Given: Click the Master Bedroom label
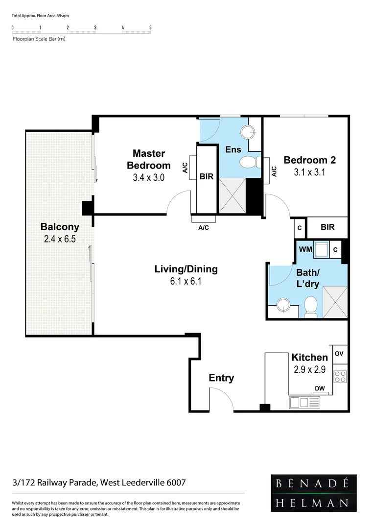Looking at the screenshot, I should click(149, 159).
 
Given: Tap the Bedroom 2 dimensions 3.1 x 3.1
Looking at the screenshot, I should click(309, 172).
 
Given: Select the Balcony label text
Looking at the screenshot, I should click(60, 227).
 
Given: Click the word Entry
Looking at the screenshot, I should click(221, 378).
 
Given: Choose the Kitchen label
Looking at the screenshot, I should click(309, 357).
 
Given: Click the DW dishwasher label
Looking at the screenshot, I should click(320, 389).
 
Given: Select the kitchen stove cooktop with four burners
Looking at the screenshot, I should click(340, 377).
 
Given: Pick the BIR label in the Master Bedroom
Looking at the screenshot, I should click(207, 177).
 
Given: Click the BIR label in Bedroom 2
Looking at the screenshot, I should click(327, 227).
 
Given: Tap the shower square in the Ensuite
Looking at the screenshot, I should click(232, 195).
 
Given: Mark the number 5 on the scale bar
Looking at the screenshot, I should click(150, 27).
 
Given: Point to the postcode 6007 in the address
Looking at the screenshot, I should click(176, 482).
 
